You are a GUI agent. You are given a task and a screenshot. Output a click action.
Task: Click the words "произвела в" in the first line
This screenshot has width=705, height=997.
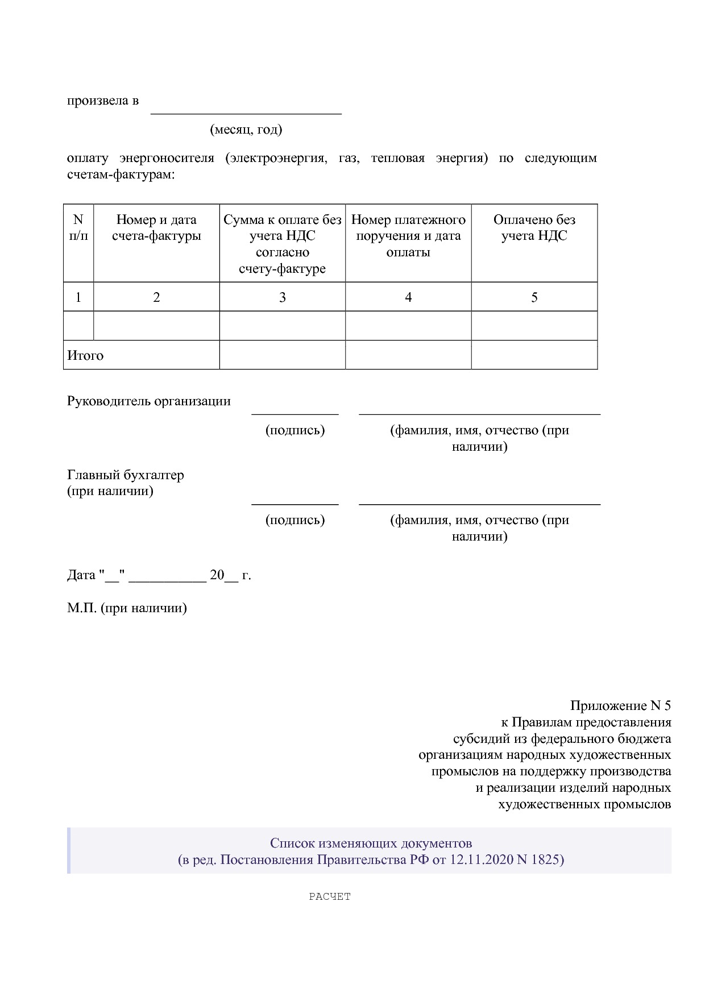click(x=102, y=101)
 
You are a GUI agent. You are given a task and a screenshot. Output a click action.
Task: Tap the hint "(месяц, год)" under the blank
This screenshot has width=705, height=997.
click(x=246, y=130)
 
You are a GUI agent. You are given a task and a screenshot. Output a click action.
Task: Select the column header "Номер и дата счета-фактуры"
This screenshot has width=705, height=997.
click(x=156, y=227)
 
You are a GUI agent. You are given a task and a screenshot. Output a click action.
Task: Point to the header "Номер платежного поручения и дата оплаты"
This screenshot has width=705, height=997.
click(x=408, y=235)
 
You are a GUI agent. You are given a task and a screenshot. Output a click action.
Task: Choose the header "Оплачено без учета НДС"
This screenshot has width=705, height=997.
click(x=534, y=227)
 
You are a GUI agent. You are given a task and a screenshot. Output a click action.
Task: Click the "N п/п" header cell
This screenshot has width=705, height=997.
click(x=78, y=227)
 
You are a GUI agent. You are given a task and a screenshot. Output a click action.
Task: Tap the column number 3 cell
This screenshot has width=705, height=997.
click(x=282, y=297)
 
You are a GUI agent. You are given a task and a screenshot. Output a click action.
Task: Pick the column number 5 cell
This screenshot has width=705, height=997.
click(x=534, y=297)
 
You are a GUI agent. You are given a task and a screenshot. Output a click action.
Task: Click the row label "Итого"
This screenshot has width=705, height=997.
click(x=85, y=356)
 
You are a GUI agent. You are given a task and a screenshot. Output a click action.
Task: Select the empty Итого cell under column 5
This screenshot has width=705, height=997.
click(x=534, y=355)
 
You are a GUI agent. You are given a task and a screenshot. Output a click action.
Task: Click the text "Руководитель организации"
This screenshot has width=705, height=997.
click(x=149, y=401)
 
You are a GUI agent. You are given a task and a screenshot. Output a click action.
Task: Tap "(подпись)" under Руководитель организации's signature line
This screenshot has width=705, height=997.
click(x=295, y=430)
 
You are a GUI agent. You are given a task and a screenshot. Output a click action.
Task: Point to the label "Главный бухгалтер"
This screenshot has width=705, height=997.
click(x=126, y=475)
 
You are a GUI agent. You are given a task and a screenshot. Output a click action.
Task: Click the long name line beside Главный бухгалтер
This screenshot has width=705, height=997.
click(x=479, y=504)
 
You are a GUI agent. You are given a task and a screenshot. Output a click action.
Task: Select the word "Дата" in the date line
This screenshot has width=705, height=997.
click(x=81, y=575)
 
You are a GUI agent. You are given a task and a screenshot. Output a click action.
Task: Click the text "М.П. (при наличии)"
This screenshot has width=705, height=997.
click(x=127, y=608)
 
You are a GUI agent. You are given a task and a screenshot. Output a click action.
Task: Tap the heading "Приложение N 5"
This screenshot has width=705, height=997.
click(x=620, y=706)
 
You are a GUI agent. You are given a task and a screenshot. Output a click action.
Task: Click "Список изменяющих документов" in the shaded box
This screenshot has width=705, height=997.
click(x=371, y=843)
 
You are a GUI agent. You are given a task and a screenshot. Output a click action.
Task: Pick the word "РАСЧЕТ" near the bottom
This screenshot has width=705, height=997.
click(x=330, y=896)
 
